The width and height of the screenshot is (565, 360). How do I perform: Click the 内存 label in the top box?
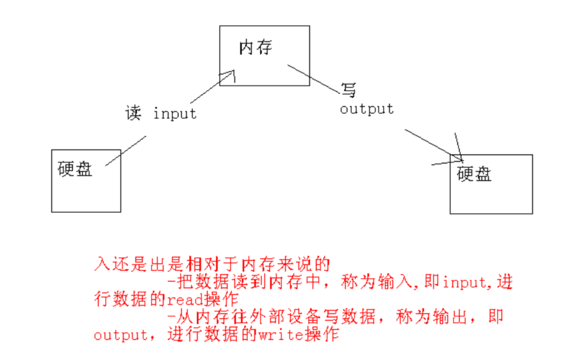[255, 47]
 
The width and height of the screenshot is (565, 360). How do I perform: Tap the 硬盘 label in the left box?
[75, 169]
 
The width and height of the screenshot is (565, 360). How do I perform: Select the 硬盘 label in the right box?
[474, 174]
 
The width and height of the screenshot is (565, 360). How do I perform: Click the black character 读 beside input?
[133, 113]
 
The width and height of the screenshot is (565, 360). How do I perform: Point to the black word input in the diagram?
[175, 113]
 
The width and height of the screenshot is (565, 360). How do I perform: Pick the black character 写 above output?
[348, 90]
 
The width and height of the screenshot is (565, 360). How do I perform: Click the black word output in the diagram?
[366, 108]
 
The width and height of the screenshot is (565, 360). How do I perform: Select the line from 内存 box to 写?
[314, 79]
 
